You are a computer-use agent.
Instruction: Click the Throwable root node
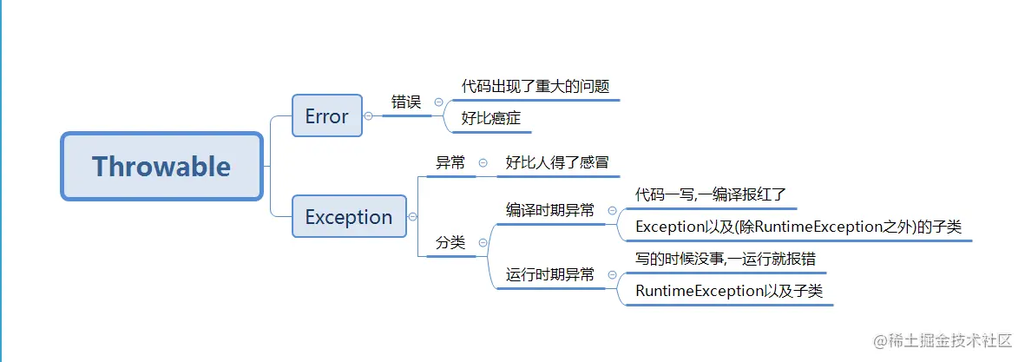161,166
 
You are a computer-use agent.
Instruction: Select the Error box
326,116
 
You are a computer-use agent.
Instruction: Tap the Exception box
348,217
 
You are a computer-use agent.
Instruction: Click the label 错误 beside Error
405,102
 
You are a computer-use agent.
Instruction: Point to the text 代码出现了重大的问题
535,86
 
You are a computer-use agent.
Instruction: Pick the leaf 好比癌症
490,118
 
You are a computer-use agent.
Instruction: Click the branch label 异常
450,162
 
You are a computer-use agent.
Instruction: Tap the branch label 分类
450,243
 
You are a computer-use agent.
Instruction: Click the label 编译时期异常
550,210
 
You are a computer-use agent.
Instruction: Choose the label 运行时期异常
550,275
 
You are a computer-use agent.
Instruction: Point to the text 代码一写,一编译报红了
710,194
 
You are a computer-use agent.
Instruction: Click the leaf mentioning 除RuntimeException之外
798,227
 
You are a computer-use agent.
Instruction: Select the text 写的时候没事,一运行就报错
725,259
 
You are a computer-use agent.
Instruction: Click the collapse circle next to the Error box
368,115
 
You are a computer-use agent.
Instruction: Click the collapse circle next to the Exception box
412,217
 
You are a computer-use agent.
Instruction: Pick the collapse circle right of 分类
483,243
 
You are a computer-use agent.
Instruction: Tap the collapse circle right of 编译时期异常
612,210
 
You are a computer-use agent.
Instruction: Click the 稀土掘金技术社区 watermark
943,340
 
